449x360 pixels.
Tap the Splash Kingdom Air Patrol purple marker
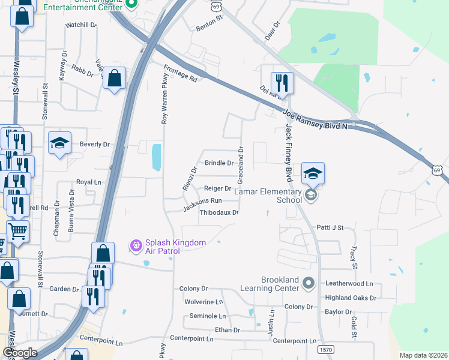[136, 245]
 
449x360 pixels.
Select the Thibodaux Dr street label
[219, 212]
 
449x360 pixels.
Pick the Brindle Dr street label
[219, 163]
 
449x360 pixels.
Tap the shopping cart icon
[18, 230]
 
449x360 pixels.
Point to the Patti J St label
[330, 228]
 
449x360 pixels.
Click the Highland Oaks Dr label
[359, 298]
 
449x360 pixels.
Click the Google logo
[20, 353]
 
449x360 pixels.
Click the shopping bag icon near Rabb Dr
[114, 78]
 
